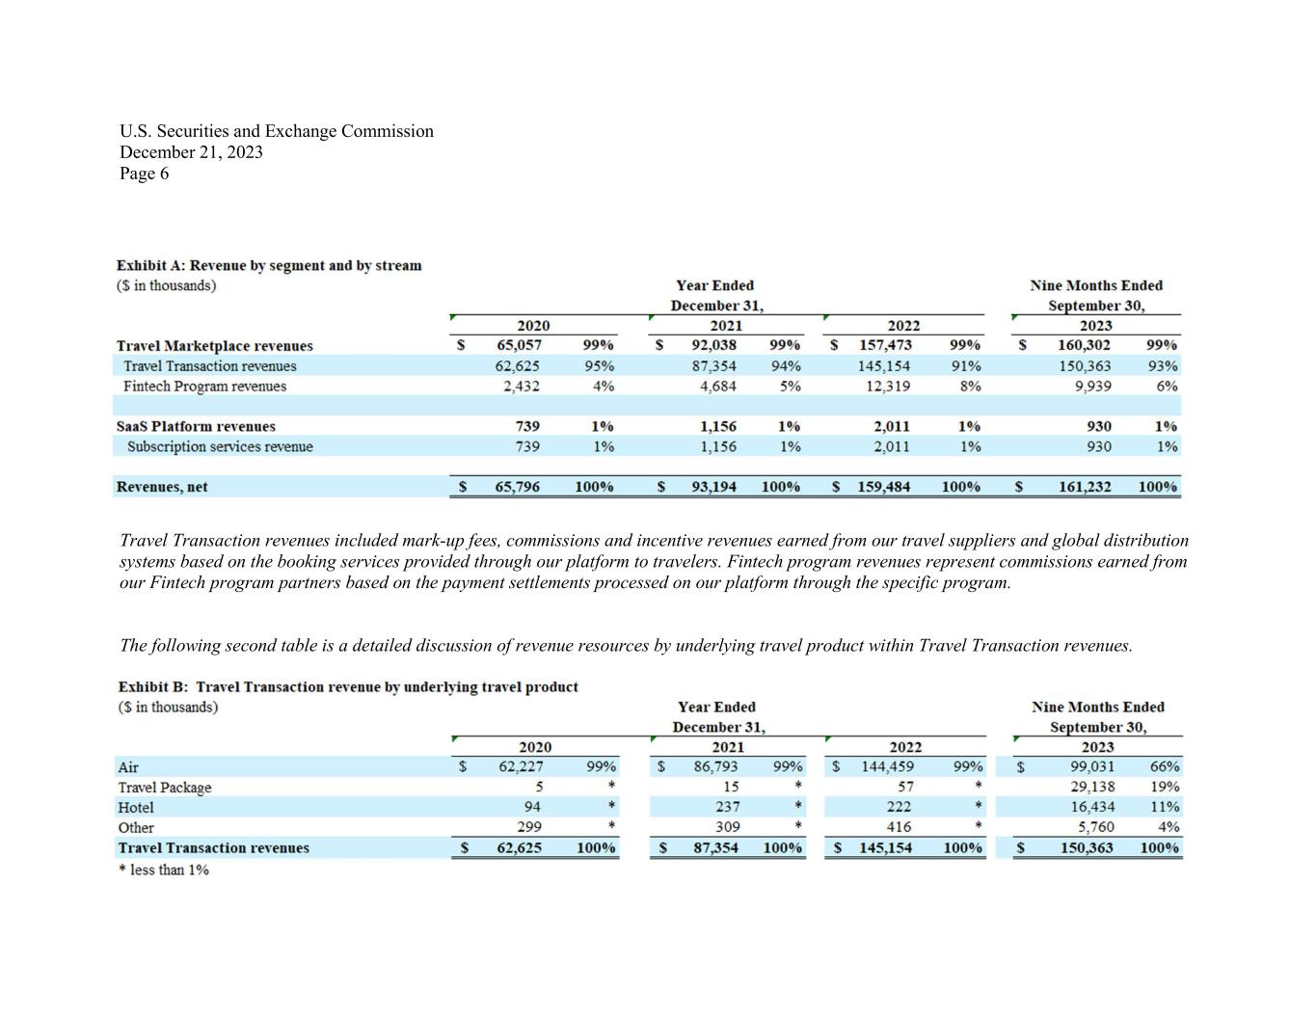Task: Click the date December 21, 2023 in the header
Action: (x=191, y=152)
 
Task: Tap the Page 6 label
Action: (x=144, y=174)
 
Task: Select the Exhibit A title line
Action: (x=269, y=265)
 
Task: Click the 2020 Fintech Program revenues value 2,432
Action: (x=521, y=387)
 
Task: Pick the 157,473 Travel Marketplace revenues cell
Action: (x=886, y=345)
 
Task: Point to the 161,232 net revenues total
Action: (x=1085, y=487)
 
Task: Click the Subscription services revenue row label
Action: (x=220, y=447)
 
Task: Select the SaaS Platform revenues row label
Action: (x=196, y=426)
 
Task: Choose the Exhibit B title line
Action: (x=348, y=686)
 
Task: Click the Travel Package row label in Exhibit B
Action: (x=164, y=788)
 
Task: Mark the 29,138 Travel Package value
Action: (x=1092, y=787)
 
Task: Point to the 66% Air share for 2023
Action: (x=1165, y=767)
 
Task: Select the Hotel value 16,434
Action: (x=1092, y=807)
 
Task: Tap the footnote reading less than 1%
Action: (x=163, y=870)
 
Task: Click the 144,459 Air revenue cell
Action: (x=887, y=767)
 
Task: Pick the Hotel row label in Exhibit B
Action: (x=135, y=808)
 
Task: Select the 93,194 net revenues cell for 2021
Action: (x=713, y=487)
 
